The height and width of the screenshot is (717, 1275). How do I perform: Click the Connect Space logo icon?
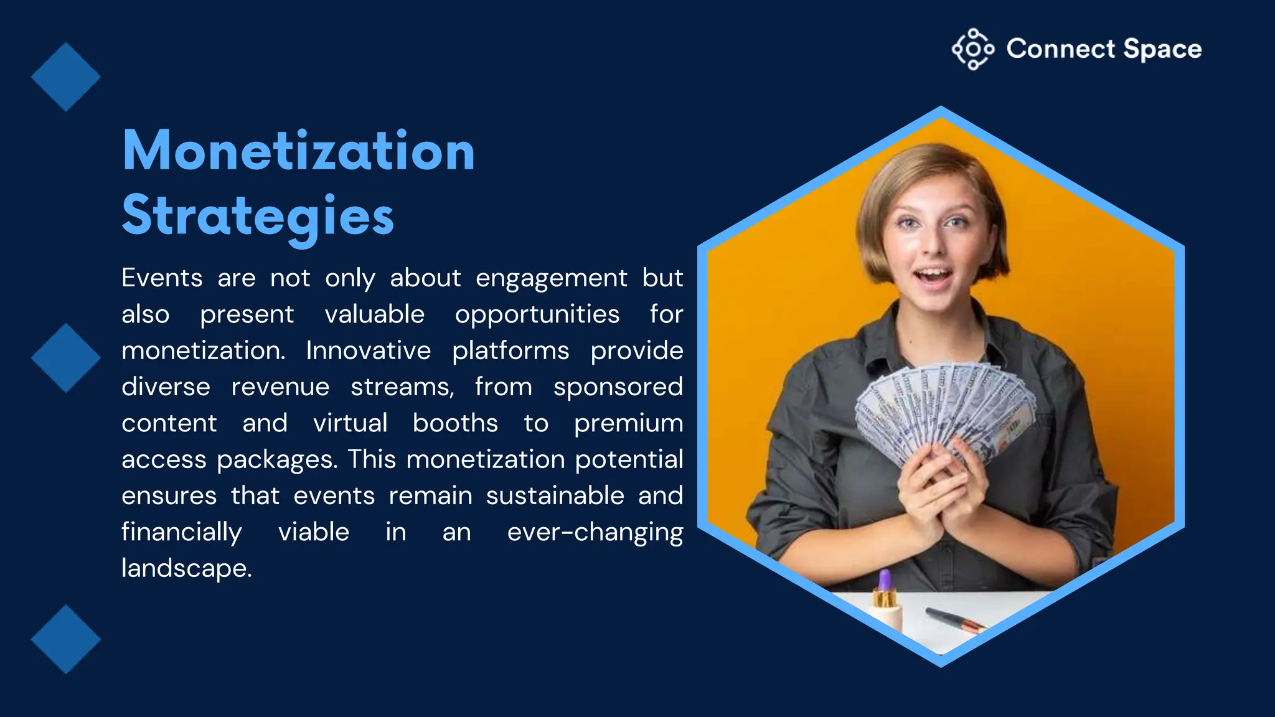[972, 49]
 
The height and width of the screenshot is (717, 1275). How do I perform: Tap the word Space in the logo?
[1162, 49]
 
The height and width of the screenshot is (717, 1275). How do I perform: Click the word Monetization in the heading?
[299, 151]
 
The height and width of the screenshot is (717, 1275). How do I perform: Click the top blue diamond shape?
[65, 77]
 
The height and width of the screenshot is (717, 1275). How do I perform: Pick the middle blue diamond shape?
[65, 358]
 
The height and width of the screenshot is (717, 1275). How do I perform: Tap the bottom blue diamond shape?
[65, 639]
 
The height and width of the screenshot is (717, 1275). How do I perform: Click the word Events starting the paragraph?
[162, 278]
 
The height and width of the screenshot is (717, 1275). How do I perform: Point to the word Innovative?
[368, 350]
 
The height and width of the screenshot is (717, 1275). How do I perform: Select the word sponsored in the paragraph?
[618, 387]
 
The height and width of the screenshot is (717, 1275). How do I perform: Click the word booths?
[455, 423]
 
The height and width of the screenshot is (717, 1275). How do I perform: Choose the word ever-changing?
[595, 532]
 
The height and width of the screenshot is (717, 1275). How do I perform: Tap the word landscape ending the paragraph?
[186, 568]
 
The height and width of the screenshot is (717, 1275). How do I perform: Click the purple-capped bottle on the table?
[885, 601]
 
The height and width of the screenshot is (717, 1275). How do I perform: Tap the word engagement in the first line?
[551, 278]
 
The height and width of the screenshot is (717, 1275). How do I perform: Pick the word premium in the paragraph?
[628, 424]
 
